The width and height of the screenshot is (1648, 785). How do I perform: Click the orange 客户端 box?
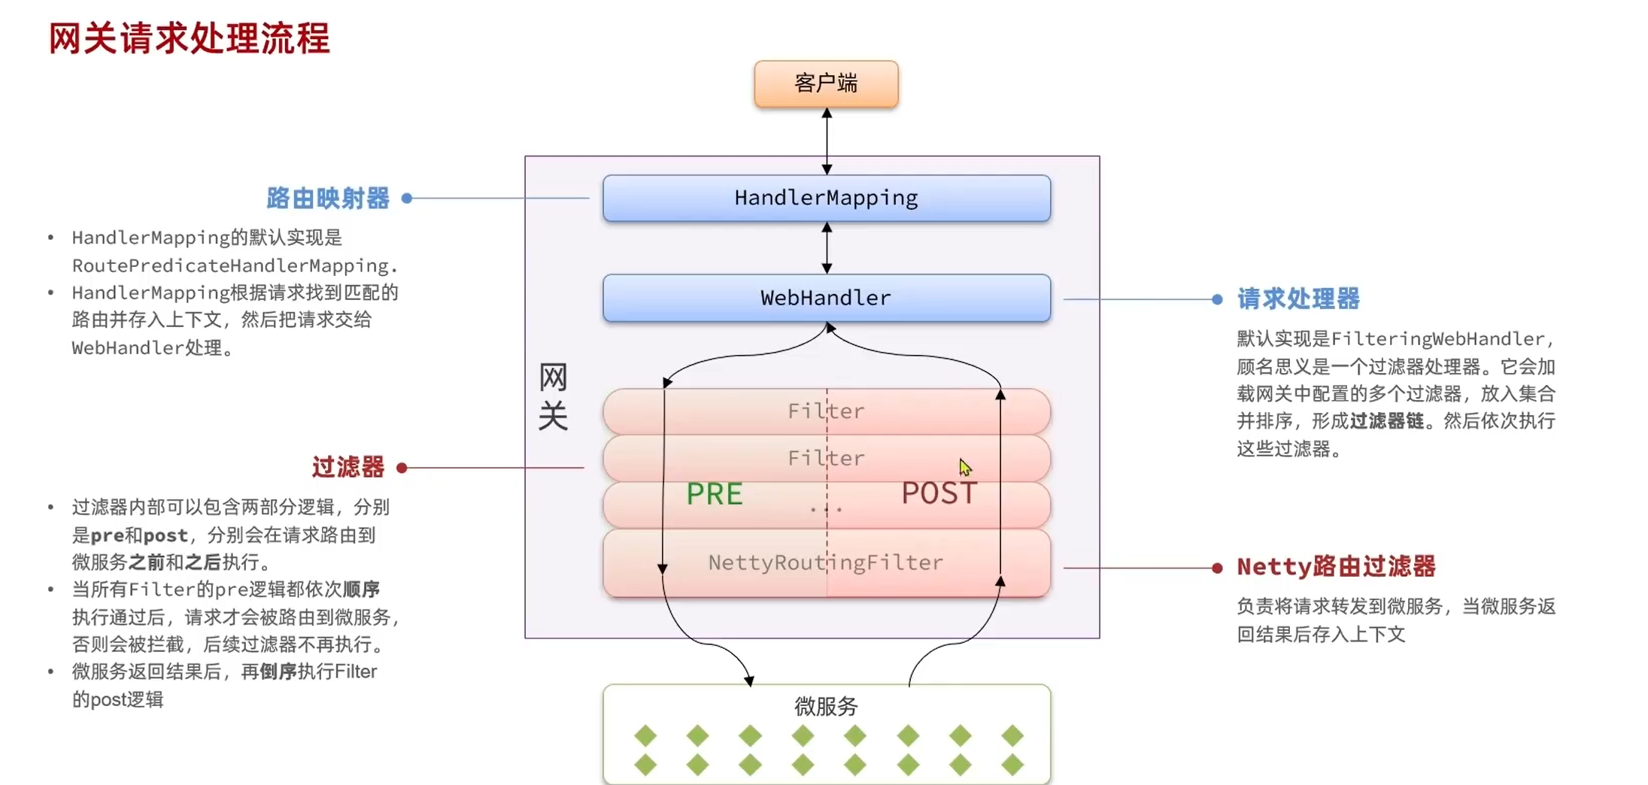(826, 83)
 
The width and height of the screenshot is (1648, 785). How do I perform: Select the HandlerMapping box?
(826, 198)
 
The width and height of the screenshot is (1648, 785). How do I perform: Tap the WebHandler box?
(826, 298)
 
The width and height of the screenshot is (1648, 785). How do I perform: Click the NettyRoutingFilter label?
(825, 562)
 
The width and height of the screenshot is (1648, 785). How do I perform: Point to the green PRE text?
(714, 494)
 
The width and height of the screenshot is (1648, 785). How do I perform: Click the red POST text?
(939, 493)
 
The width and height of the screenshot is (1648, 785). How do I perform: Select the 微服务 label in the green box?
(826, 706)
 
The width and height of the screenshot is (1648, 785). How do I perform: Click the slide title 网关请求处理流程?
(190, 38)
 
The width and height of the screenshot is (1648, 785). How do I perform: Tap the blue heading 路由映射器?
(328, 199)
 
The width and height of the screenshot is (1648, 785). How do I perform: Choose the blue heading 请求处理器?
(1298, 299)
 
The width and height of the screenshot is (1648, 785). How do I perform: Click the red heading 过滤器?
(348, 467)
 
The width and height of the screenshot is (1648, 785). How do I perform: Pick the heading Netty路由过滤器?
(1336, 566)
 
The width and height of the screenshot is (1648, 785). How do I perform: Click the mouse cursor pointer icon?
(965, 468)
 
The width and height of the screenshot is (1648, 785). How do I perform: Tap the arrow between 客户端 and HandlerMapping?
(827, 141)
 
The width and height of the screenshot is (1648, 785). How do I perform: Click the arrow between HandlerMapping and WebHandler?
(827, 247)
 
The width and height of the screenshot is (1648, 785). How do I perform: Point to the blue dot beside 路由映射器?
(407, 199)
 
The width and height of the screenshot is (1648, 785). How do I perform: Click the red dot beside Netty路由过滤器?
(1217, 568)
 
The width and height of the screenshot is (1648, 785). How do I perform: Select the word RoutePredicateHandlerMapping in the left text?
(230, 265)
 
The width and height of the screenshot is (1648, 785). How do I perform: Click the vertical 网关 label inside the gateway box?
(553, 396)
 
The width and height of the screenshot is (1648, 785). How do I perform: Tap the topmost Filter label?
(825, 411)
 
